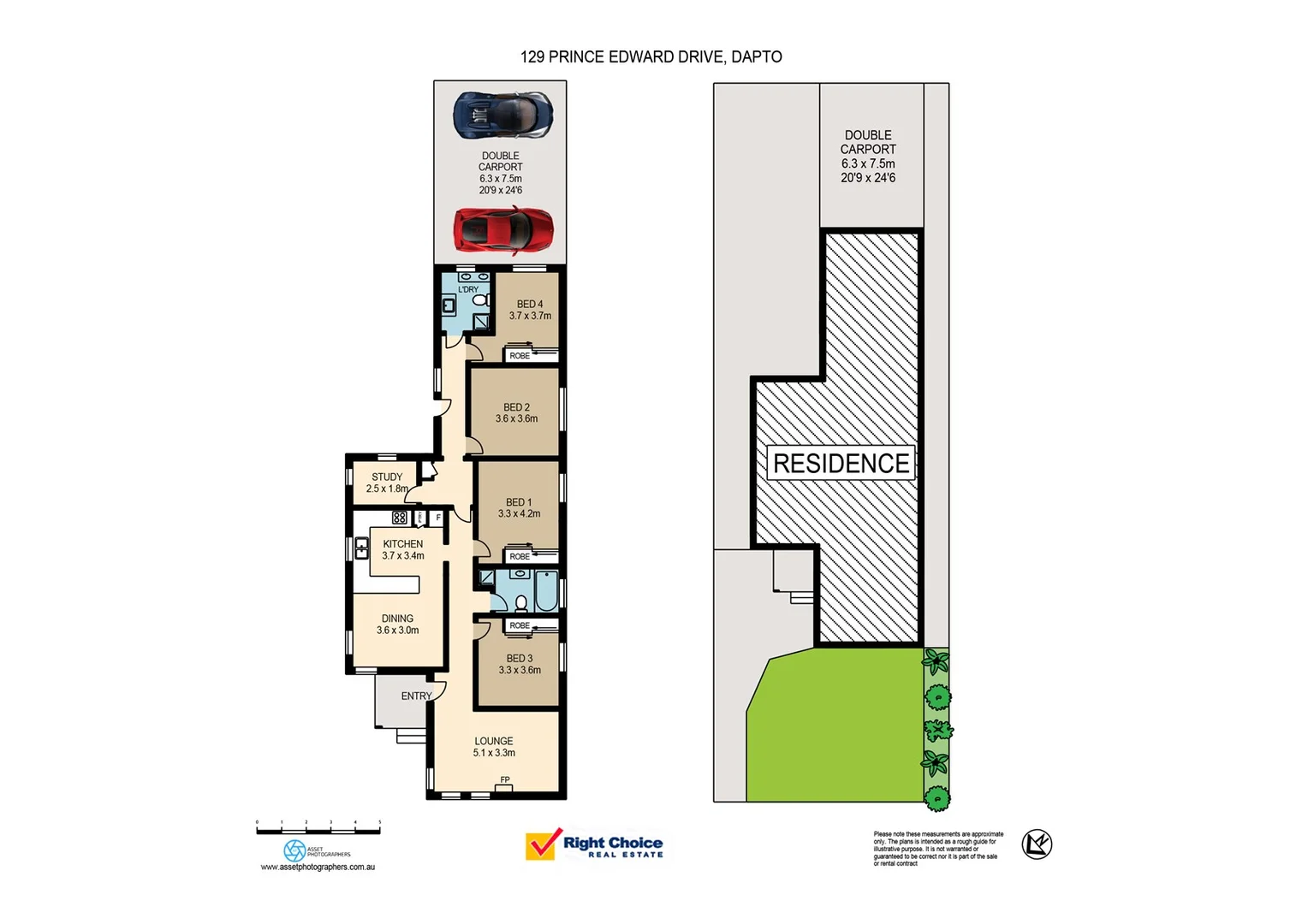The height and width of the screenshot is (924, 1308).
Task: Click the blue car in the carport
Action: [502, 114]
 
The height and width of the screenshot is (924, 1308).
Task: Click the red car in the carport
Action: [503, 230]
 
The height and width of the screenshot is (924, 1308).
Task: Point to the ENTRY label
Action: [416, 696]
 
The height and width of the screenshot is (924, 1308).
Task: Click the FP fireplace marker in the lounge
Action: [505, 780]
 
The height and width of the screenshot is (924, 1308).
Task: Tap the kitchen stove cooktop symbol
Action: [400, 518]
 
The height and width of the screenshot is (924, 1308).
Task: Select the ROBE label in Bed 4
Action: [520, 356]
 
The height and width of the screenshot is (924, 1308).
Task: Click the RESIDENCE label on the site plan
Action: [841, 463]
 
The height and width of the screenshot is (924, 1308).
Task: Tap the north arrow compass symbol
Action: [1037, 844]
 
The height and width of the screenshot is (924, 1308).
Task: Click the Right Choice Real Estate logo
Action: [595, 845]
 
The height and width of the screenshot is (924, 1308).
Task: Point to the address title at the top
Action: [651, 56]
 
